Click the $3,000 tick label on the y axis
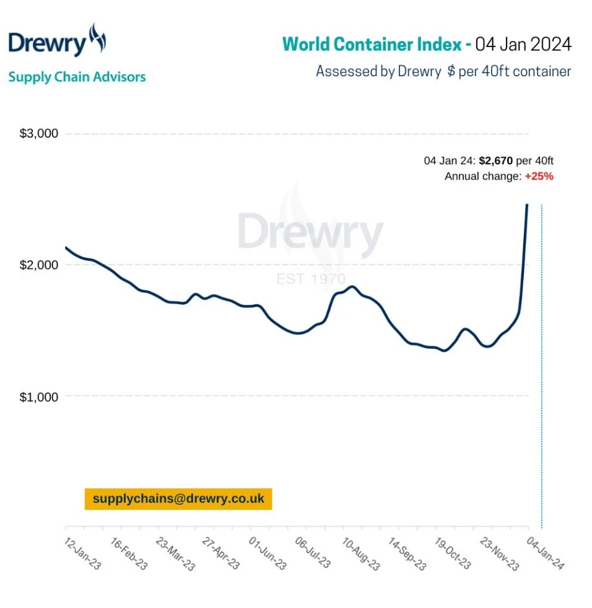pos(38,134)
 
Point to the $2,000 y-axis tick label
pos(38,265)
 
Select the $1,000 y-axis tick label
pos(38,397)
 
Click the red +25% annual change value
pos(539,176)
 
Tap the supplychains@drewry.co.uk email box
pos(178,499)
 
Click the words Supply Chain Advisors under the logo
pos(77,77)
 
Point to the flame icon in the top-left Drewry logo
pos(97,40)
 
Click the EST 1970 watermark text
pos(311,280)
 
